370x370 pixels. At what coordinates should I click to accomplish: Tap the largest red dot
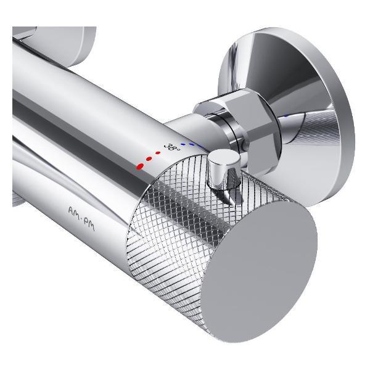[140, 166]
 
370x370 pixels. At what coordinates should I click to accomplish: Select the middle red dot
[149, 159]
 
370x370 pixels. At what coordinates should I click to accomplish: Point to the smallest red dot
[158, 153]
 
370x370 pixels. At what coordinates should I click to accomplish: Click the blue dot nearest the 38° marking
[183, 144]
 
